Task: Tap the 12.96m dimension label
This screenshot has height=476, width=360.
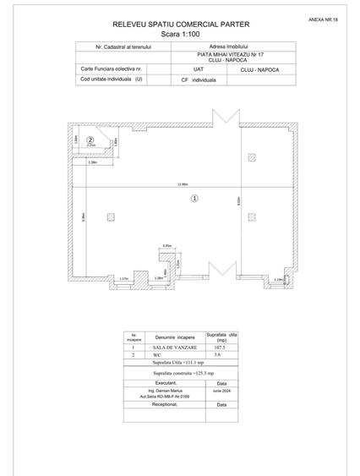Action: (182, 184)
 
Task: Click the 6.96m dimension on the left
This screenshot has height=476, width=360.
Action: (83, 217)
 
